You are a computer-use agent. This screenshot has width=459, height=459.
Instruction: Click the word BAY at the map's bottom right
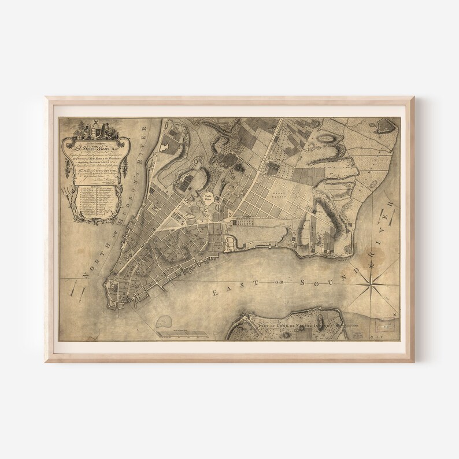(389, 339)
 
